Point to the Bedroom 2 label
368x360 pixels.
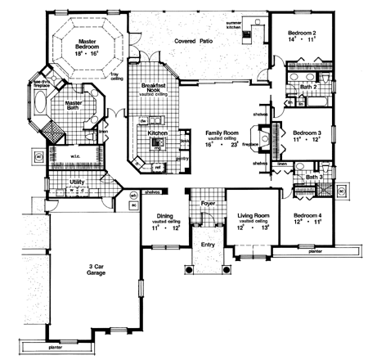click(302, 29)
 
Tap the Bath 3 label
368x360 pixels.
click(314, 177)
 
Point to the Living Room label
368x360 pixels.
click(253, 216)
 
